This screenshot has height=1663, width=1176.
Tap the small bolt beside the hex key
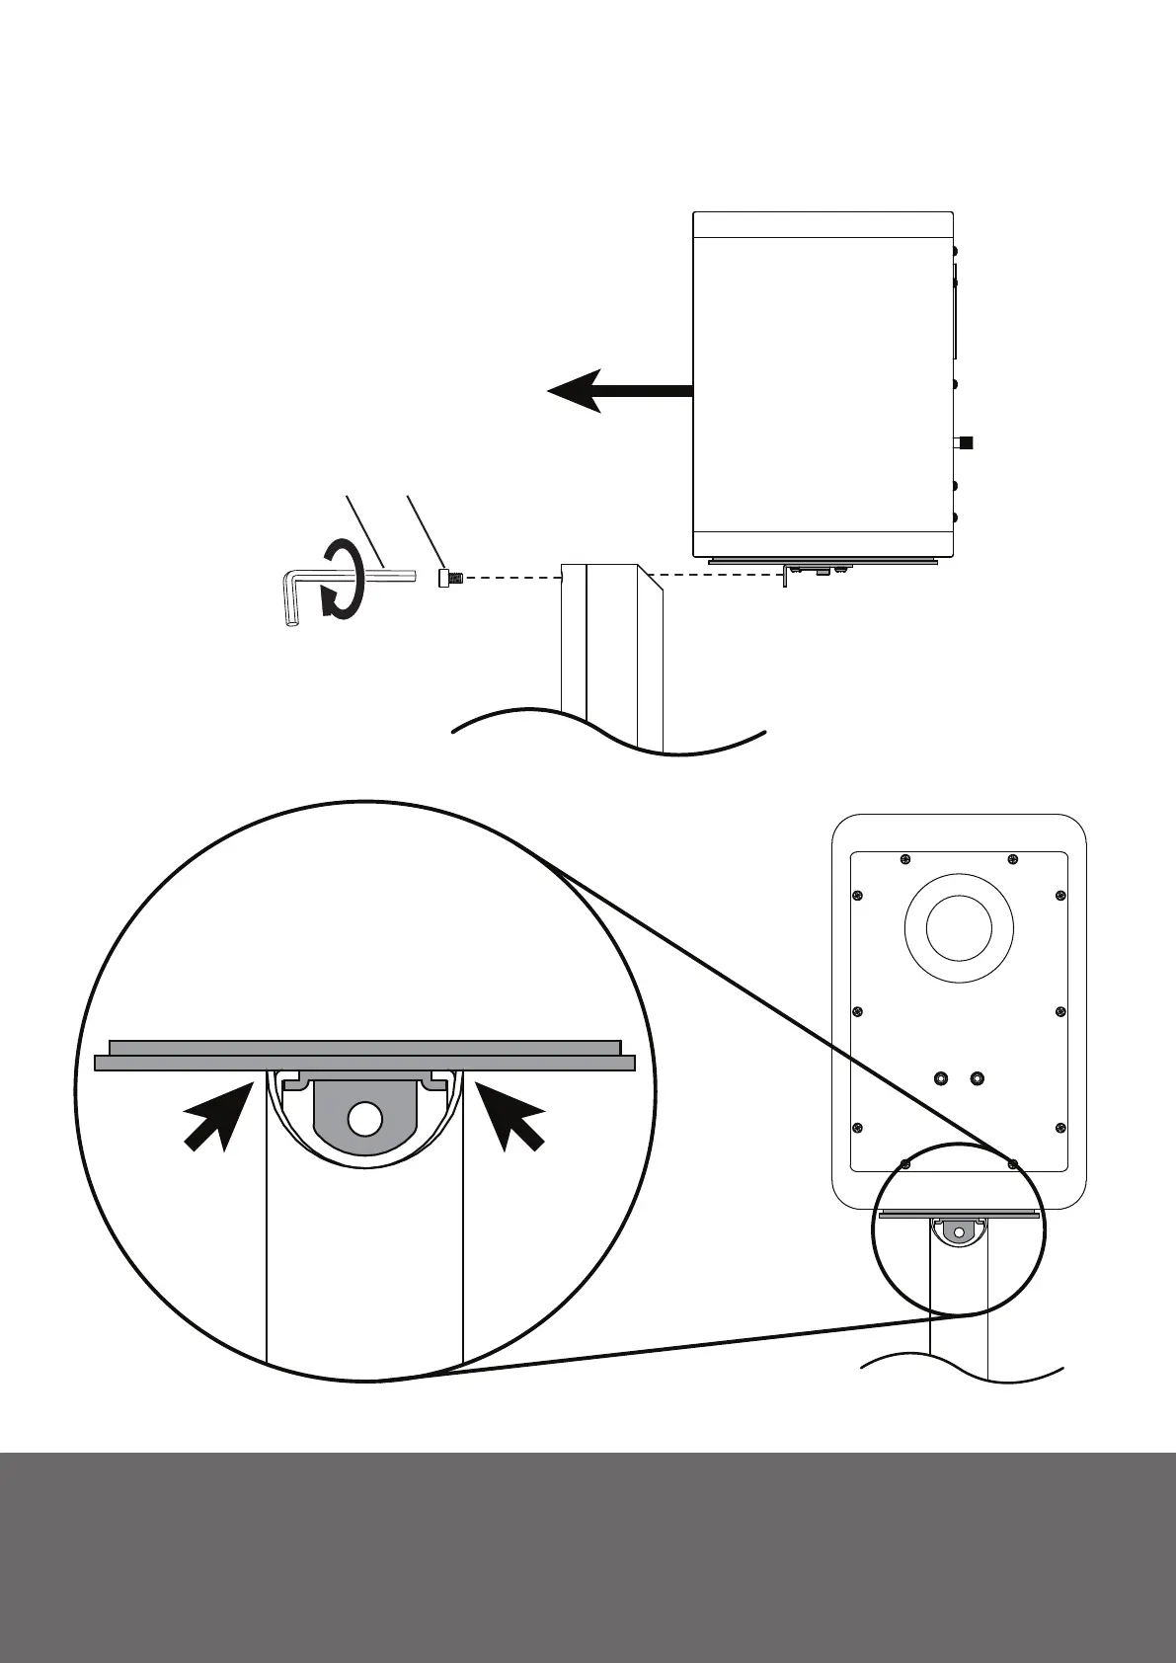pyautogui.click(x=445, y=577)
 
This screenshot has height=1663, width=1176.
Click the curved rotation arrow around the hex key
pyautogui.click(x=341, y=579)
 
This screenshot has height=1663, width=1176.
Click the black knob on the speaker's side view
pyautogui.click(x=967, y=442)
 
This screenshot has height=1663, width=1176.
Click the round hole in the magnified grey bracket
pyautogui.click(x=364, y=1119)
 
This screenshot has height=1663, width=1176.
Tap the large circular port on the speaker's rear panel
pyautogui.click(x=959, y=928)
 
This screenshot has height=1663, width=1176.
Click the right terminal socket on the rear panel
pyautogui.click(x=977, y=1077)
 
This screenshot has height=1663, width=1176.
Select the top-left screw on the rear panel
pyautogui.click(x=905, y=858)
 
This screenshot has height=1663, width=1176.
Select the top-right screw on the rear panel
pyautogui.click(x=1012, y=858)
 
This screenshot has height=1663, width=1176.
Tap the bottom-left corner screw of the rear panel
pyautogui.click(x=905, y=1164)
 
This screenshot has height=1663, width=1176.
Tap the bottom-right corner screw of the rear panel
pyautogui.click(x=1012, y=1164)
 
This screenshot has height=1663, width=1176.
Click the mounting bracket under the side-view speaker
pyautogui.click(x=815, y=570)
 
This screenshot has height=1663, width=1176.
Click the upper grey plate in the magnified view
pyautogui.click(x=364, y=1047)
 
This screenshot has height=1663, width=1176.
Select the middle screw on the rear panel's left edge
pyautogui.click(x=857, y=1011)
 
